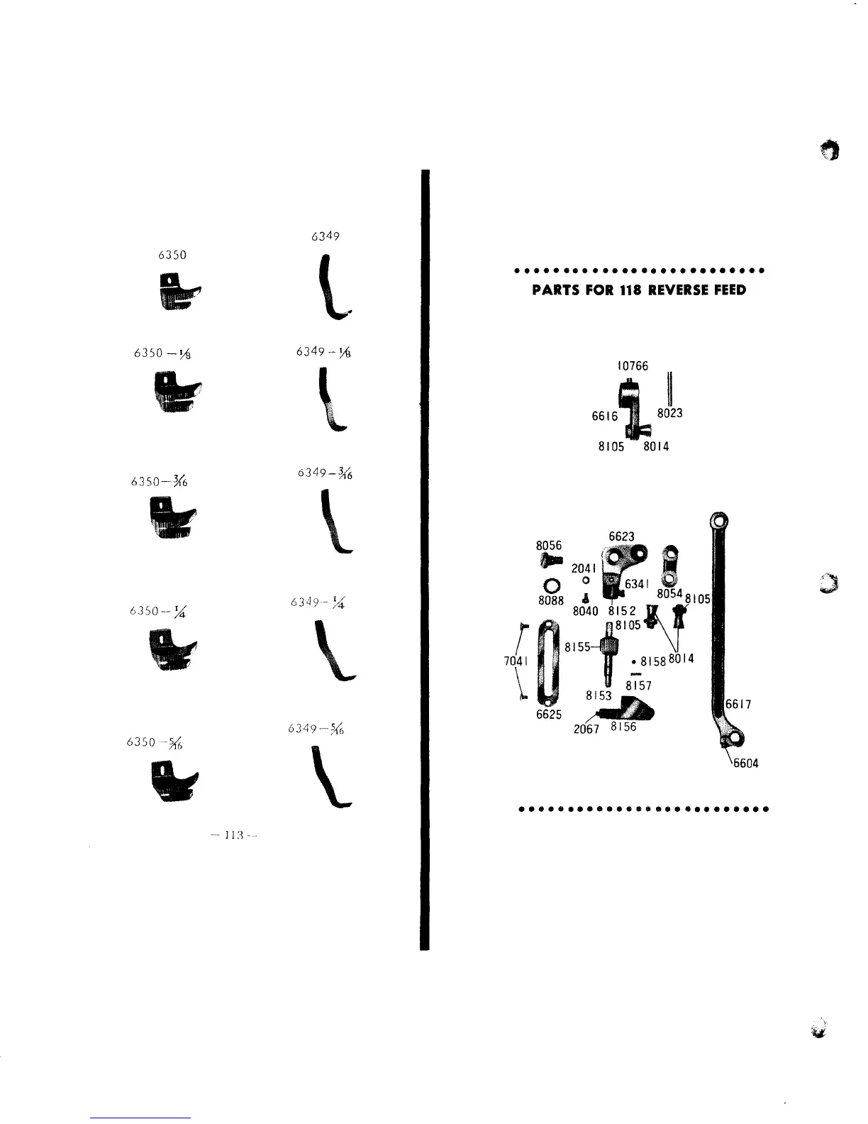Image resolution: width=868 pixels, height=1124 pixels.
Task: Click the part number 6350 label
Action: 172,255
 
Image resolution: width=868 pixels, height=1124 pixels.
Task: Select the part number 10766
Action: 633,366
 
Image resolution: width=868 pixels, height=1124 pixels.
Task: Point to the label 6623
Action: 621,536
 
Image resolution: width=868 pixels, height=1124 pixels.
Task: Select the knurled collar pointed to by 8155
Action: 610,647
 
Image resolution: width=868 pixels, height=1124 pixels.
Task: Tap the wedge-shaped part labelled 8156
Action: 635,709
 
